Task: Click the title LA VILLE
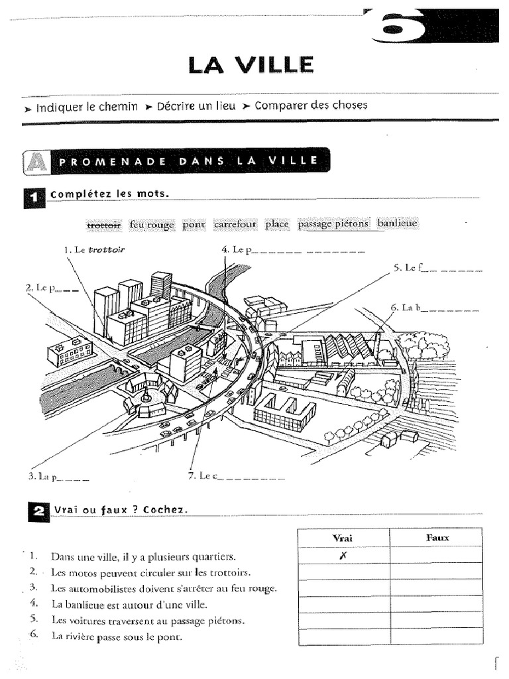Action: tap(251, 65)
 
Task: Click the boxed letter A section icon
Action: tap(35, 162)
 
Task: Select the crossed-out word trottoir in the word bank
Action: tap(103, 225)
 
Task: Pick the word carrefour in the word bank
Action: tap(235, 225)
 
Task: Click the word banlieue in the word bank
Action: tap(397, 224)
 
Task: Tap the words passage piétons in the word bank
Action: tap(333, 224)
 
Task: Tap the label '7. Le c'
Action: tap(199, 475)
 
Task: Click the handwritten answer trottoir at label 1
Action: tap(107, 250)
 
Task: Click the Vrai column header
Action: tap(343, 537)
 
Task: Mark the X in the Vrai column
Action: tap(343, 556)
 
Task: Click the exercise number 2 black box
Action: tap(36, 511)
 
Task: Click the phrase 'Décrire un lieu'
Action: tap(196, 106)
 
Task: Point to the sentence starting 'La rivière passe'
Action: tap(116, 637)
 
